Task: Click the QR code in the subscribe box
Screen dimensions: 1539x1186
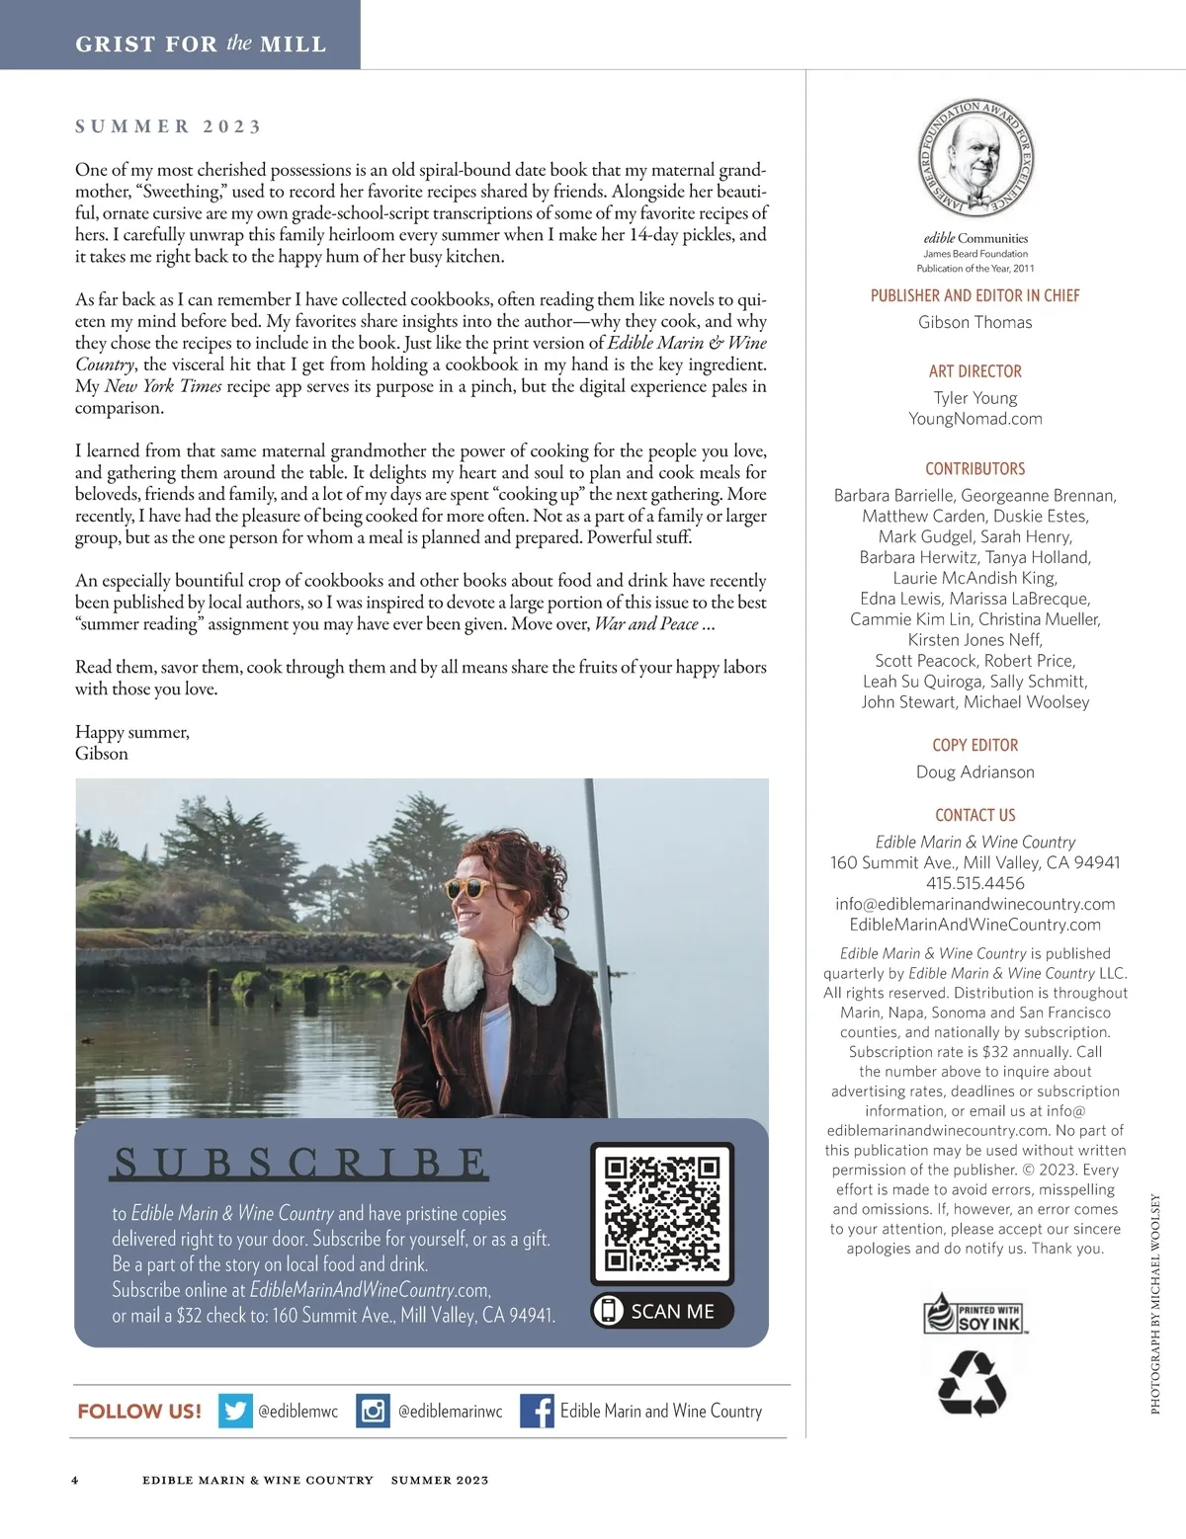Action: (662, 1213)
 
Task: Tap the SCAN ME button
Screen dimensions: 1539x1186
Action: (662, 1311)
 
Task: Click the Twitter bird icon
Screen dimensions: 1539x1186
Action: (235, 1411)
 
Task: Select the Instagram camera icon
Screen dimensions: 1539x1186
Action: (373, 1411)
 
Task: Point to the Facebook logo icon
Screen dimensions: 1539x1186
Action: (537, 1411)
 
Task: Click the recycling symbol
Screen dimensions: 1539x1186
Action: (972, 1383)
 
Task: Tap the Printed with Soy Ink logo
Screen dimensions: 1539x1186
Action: (974, 1316)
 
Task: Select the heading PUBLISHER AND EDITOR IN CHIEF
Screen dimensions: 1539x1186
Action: (974, 295)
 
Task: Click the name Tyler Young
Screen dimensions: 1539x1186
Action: (974, 398)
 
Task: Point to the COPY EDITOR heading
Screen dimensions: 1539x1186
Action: (974, 746)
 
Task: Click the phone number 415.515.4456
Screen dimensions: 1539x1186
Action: (974, 883)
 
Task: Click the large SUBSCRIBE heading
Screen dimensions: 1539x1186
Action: (299, 1164)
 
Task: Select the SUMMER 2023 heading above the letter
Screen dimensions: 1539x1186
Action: (169, 126)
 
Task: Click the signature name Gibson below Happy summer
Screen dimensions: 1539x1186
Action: (102, 754)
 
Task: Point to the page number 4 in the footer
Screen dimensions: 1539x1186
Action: (75, 1480)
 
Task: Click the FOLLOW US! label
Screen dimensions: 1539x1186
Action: (139, 1412)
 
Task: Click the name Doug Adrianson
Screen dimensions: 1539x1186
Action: (974, 772)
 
